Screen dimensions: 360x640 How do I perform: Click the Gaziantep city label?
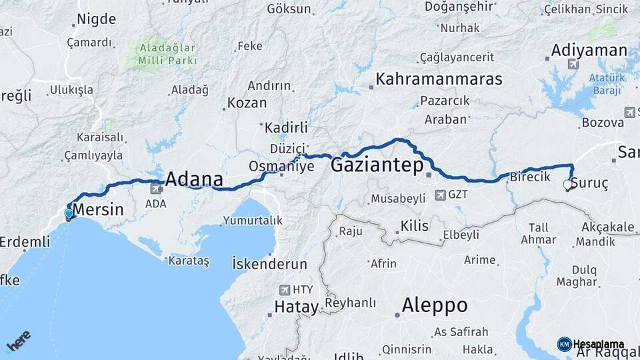click(x=377, y=165)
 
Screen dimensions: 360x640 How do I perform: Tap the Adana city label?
click(x=193, y=179)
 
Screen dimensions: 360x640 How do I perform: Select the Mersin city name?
click(x=97, y=210)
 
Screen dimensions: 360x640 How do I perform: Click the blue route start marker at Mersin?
click(x=69, y=214)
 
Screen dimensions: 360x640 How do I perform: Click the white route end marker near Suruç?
click(x=568, y=185)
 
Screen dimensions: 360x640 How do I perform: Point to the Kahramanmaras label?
click(x=439, y=79)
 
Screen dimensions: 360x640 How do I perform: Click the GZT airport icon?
click(x=440, y=195)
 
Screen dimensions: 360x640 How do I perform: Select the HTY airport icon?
click(x=286, y=290)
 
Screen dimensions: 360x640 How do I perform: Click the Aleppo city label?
click(x=434, y=306)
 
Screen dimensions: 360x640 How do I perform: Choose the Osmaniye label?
click(x=281, y=166)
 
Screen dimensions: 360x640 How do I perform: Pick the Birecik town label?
click(x=530, y=177)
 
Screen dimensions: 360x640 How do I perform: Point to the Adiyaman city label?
click(x=589, y=51)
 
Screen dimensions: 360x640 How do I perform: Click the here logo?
click(x=18, y=341)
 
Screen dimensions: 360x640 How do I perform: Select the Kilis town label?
click(x=414, y=226)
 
